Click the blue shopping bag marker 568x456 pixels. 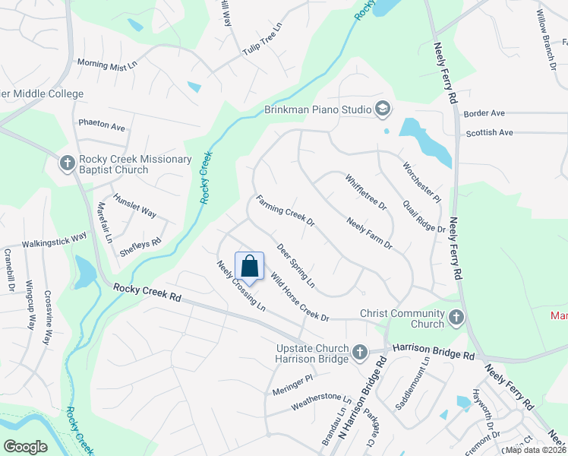(x=249, y=268)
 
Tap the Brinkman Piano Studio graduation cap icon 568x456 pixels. (x=381, y=109)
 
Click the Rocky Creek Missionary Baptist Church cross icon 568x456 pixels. (x=67, y=163)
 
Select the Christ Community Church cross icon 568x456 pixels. (x=456, y=318)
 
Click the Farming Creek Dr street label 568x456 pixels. (x=285, y=212)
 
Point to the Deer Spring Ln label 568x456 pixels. (x=295, y=265)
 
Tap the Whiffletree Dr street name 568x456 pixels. (x=365, y=192)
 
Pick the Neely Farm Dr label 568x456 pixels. (x=369, y=233)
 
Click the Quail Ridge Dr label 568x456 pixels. (x=424, y=218)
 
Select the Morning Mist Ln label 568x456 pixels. (x=106, y=66)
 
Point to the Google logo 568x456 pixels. (x=26, y=446)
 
